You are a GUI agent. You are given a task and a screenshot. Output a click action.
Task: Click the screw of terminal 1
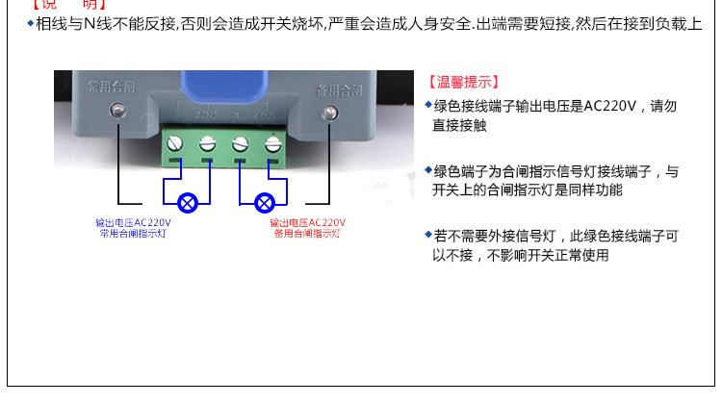pyautogui.click(x=175, y=144)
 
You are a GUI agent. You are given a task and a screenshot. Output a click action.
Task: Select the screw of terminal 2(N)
pyautogui.click(x=207, y=144)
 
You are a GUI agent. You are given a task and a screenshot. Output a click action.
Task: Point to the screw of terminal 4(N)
pyautogui.click(x=272, y=144)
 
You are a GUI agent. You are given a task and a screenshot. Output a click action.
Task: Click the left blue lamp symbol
pyautogui.click(x=189, y=203)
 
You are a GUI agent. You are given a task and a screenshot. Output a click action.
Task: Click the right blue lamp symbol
pyautogui.click(x=262, y=203)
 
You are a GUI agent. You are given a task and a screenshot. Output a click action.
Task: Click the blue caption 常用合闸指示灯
pyautogui.click(x=133, y=234)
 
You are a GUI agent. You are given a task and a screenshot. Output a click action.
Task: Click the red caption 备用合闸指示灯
pyautogui.click(x=307, y=234)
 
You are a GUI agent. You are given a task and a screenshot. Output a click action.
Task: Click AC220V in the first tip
pyautogui.click(x=617, y=106)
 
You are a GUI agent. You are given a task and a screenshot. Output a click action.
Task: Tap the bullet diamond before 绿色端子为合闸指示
pyautogui.click(x=428, y=169)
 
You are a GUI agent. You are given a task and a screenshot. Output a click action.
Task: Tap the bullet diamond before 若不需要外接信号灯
pyautogui.click(x=428, y=234)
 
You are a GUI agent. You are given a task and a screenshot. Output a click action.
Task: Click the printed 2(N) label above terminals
pyautogui.click(x=207, y=115)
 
